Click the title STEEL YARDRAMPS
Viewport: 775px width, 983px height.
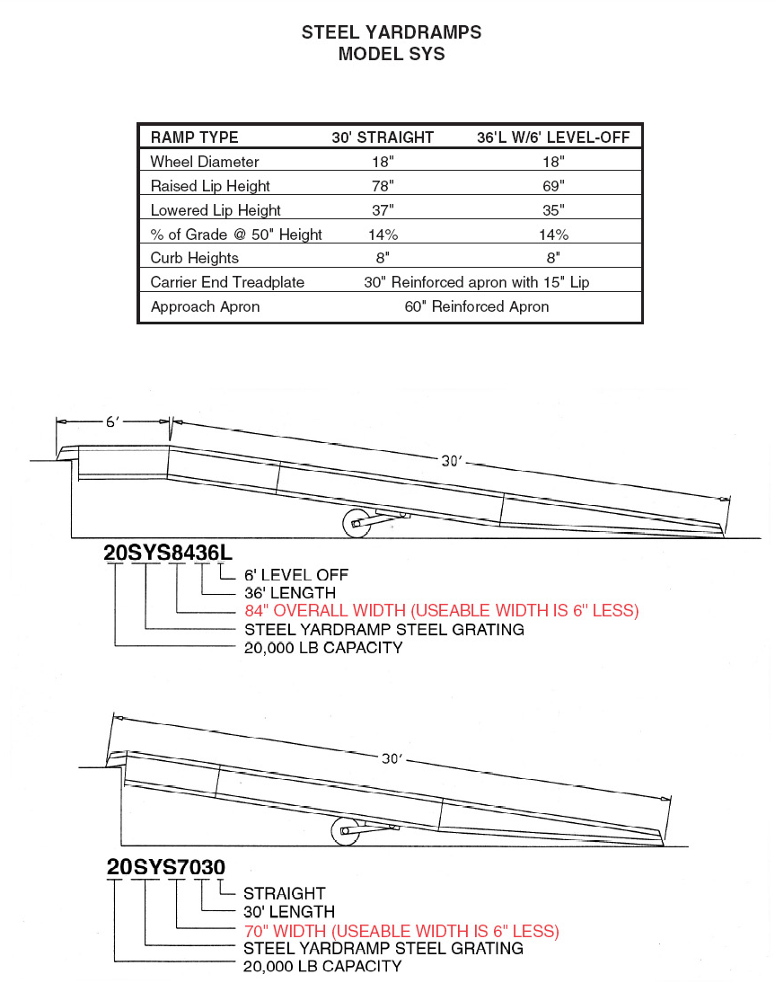(391, 32)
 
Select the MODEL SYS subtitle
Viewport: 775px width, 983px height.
(391, 54)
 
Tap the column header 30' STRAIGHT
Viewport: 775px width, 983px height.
(383, 137)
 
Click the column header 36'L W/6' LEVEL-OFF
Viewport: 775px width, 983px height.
(553, 137)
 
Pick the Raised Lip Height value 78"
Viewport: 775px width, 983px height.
(383, 186)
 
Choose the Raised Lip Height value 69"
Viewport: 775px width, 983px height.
(553, 186)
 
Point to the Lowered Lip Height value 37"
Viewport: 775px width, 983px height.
(383, 210)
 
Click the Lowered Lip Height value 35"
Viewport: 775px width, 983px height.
(553, 210)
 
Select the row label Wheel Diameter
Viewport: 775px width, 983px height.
(205, 162)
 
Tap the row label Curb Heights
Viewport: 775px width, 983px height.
(195, 258)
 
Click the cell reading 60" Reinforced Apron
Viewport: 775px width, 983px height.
(477, 306)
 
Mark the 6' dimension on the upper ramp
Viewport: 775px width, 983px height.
(113, 421)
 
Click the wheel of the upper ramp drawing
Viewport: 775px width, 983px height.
(357, 523)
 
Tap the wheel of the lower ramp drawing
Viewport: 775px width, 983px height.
(344, 832)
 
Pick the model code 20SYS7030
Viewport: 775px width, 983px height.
(165, 867)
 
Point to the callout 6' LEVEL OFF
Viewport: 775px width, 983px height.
(296, 575)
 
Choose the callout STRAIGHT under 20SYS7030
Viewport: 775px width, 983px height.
(285, 893)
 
